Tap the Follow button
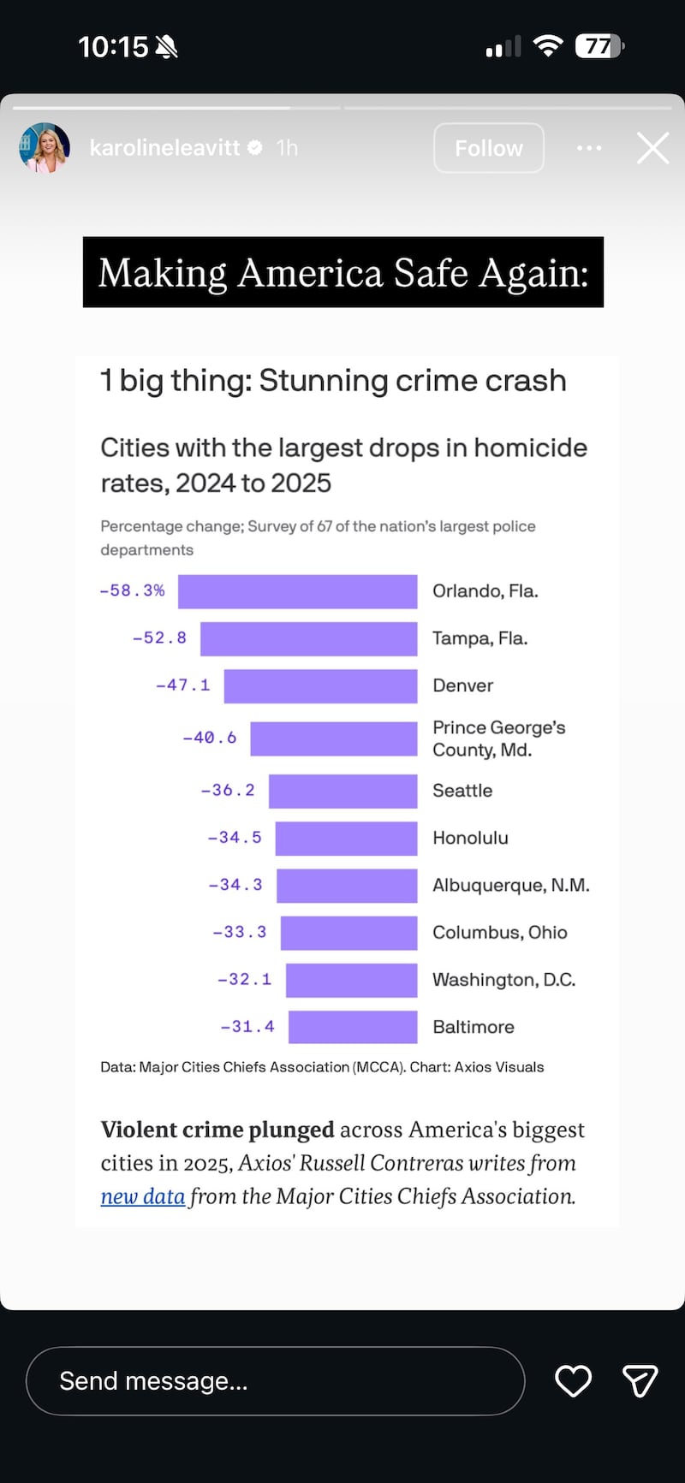click(488, 148)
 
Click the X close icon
click(652, 148)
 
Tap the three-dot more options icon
click(589, 148)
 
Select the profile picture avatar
click(44, 148)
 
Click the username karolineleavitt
click(164, 148)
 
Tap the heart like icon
click(573, 1381)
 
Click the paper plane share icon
click(640, 1381)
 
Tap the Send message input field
click(274, 1381)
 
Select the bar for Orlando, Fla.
click(297, 591)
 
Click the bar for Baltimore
click(353, 1027)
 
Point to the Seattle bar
click(342, 791)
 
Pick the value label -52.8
click(159, 638)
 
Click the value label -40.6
click(210, 738)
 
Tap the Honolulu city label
click(470, 838)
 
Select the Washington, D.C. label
click(503, 980)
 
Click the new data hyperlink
click(142, 1196)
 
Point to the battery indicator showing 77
click(599, 46)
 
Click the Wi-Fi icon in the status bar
click(547, 45)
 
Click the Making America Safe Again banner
click(342, 272)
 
